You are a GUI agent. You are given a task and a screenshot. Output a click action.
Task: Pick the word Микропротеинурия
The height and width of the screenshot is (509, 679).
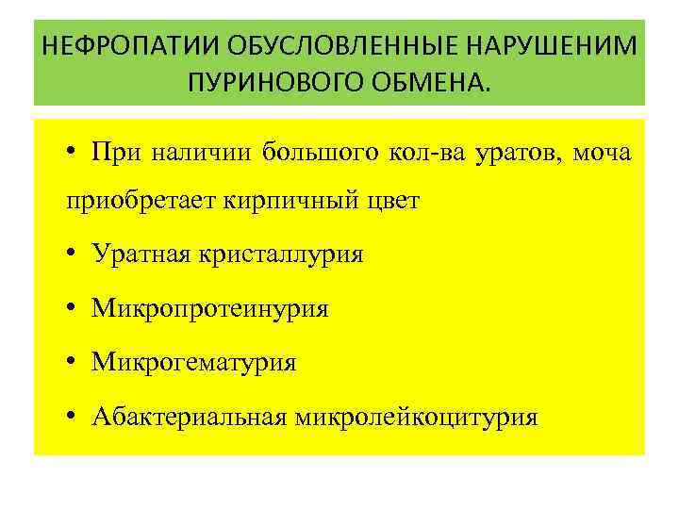(x=210, y=308)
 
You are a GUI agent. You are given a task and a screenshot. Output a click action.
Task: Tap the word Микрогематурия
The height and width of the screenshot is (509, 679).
(x=193, y=362)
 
